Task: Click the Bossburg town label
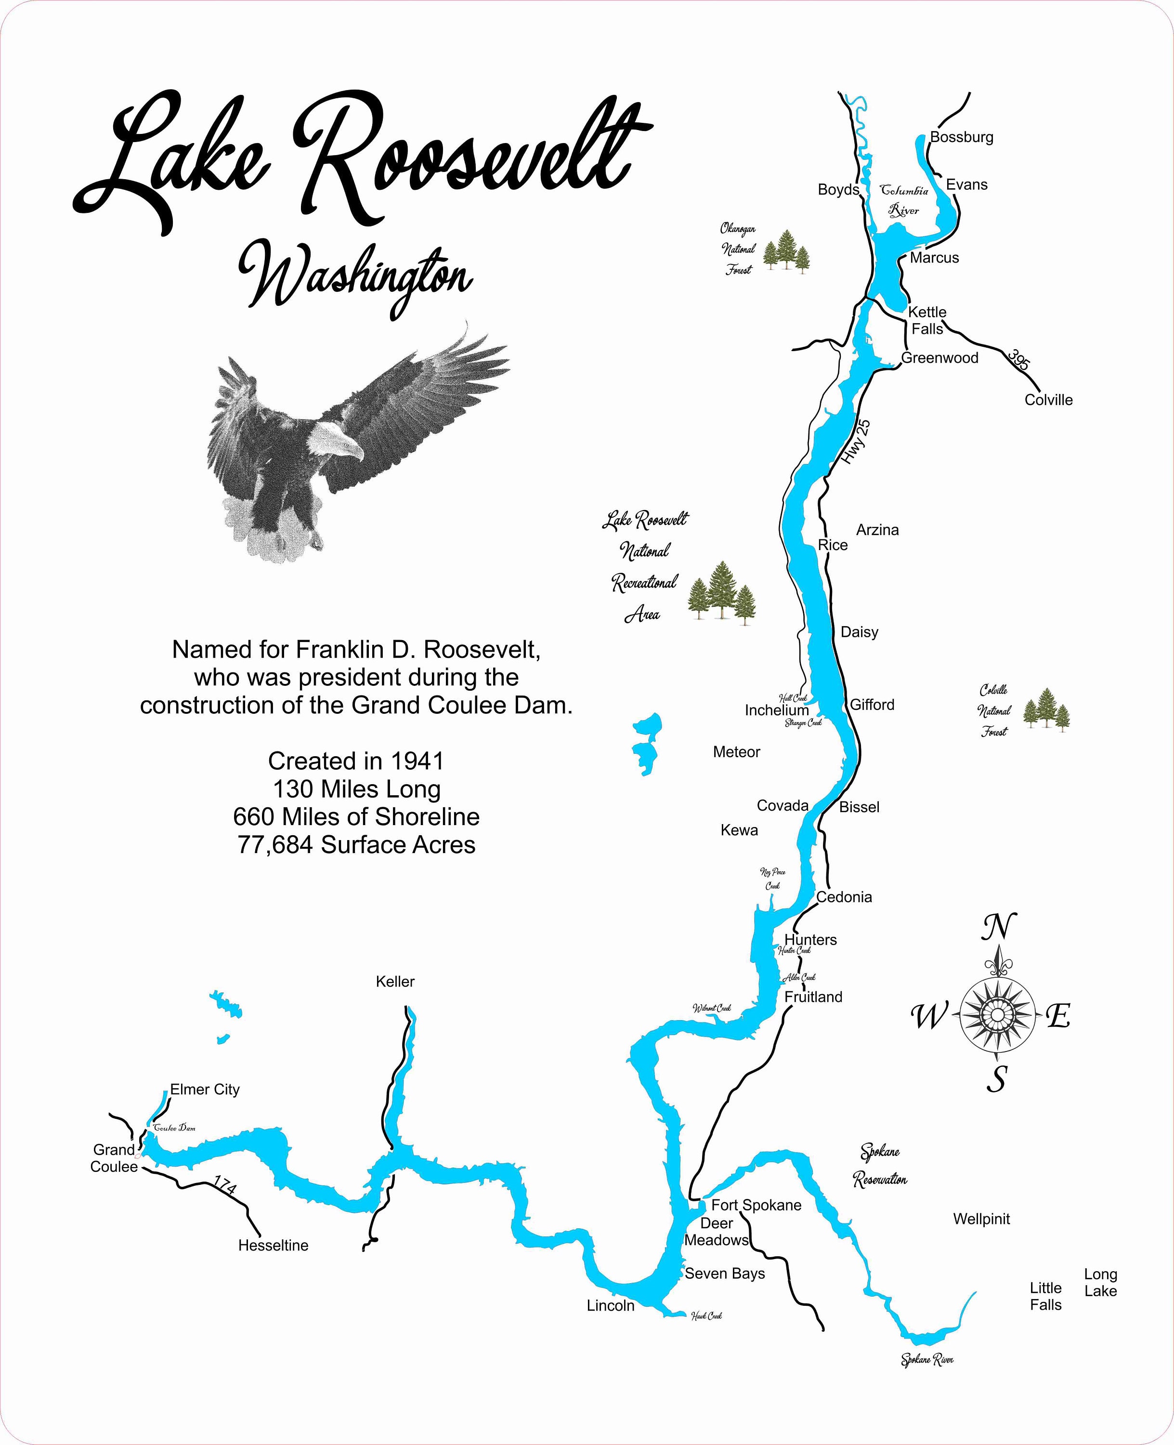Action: point(961,137)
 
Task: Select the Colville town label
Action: point(1048,400)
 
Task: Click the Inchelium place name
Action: point(776,710)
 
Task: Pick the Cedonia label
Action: point(844,897)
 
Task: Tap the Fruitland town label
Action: point(813,997)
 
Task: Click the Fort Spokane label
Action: point(756,1205)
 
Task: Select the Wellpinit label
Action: point(981,1219)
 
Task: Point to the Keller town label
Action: point(395,982)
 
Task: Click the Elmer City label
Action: point(205,1089)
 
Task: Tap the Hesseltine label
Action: point(273,1246)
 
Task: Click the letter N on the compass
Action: point(998,928)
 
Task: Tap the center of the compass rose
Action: point(997,1015)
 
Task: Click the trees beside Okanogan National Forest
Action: point(786,250)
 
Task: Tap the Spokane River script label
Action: point(926,1360)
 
